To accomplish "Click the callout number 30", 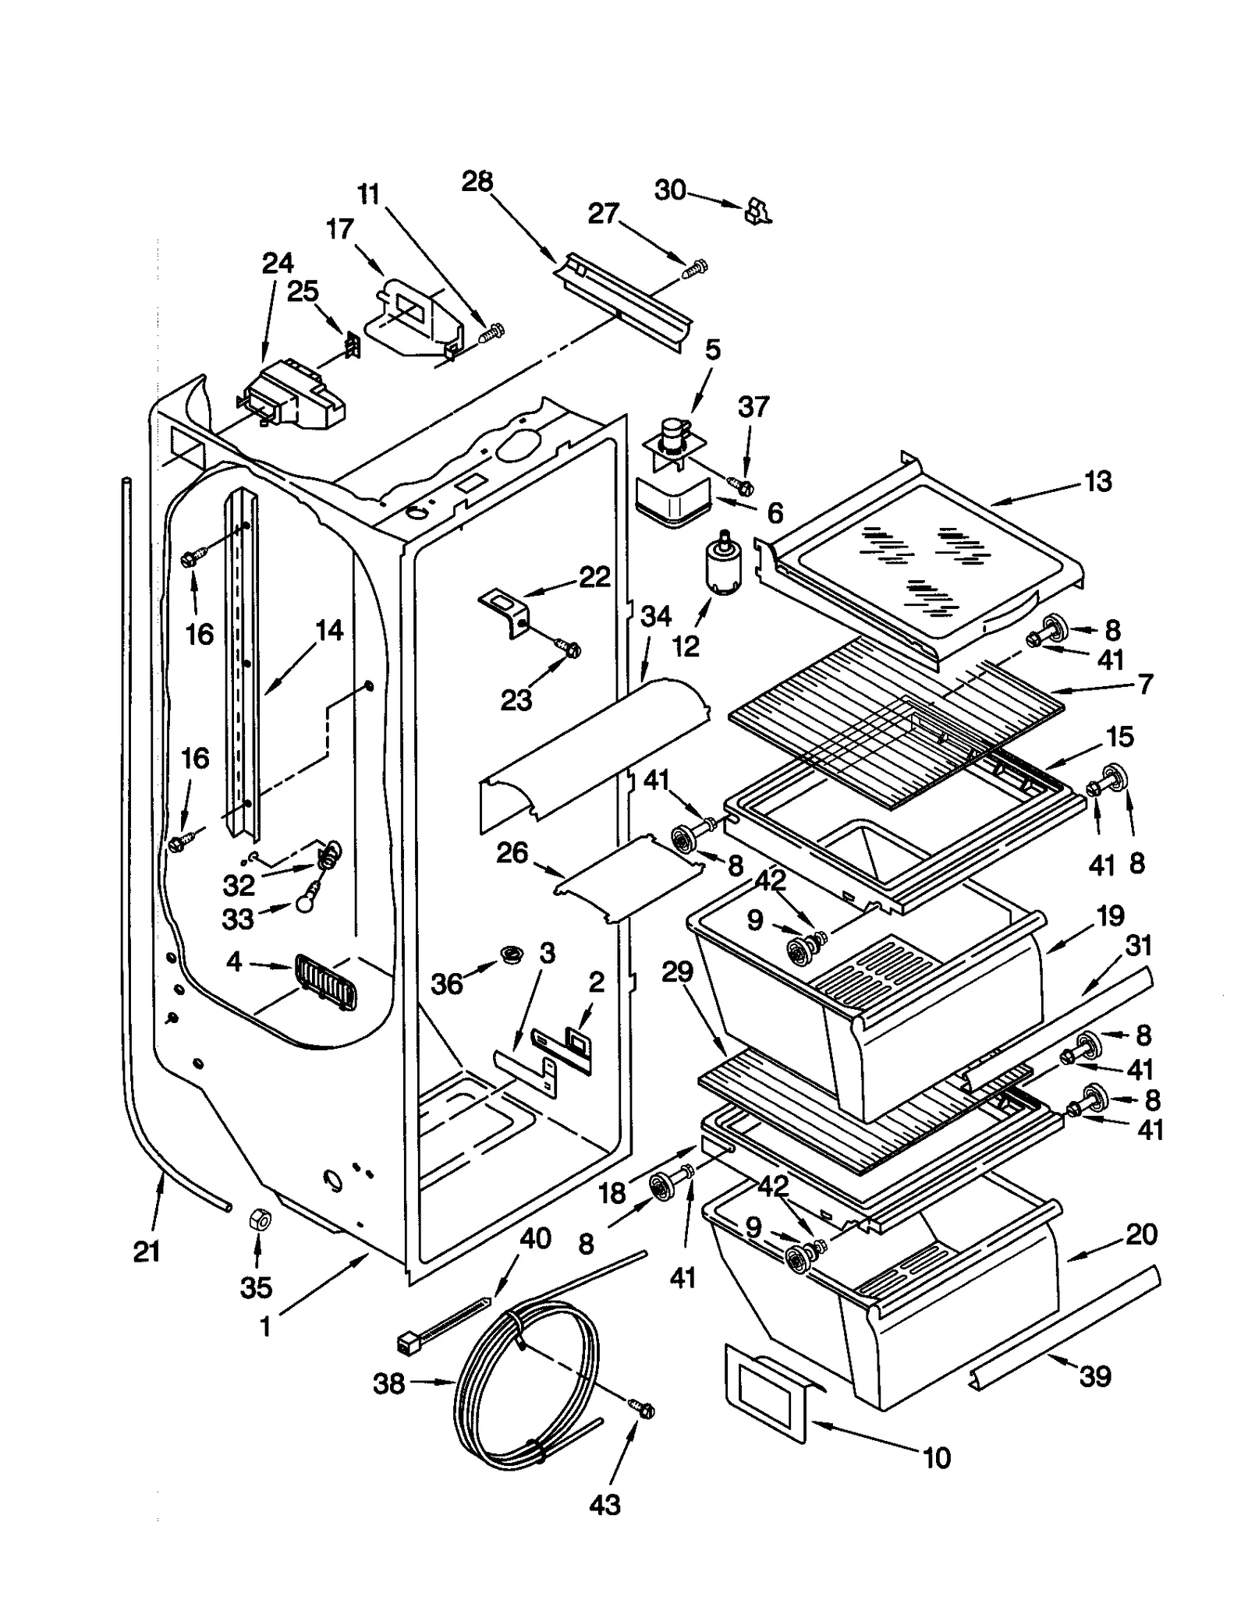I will (669, 189).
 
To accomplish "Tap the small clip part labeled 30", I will (757, 211).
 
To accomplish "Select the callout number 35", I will (256, 1287).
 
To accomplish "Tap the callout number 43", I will (604, 1504).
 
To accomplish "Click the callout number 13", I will (1097, 482).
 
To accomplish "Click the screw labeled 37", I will (742, 487).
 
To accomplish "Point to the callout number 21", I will (147, 1252).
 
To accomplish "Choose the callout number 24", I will (278, 264).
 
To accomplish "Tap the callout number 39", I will (1094, 1375).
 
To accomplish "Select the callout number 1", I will (265, 1326).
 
